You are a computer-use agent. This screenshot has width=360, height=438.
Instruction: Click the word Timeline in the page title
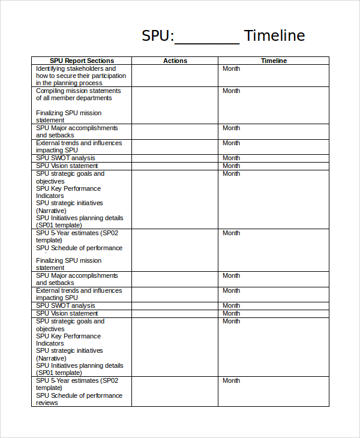tap(274, 35)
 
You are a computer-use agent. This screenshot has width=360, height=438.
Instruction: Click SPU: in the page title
tap(158, 35)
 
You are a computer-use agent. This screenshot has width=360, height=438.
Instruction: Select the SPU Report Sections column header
tap(82, 61)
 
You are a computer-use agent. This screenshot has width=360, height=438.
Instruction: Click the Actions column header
tap(175, 61)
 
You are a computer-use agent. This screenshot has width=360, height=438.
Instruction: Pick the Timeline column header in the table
tap(274, 61)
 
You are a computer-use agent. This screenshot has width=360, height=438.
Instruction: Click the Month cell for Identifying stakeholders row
tap(231, 69)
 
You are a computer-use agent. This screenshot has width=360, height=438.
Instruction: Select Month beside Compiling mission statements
tap(231, 91)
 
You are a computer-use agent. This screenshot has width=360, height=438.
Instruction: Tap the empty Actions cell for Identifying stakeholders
tap(175, 76)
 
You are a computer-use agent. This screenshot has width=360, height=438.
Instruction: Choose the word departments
tap(92, 98)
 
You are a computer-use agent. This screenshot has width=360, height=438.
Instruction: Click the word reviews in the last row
tap(47, 403)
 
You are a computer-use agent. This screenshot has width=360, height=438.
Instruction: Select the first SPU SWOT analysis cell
tap(65, 158)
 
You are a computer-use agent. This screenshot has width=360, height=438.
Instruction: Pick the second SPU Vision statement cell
tap(67, 313)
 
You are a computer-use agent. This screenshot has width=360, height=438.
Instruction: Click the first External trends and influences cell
tap(79, 147)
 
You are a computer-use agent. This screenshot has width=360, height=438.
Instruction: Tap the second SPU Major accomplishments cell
tap(77, 279)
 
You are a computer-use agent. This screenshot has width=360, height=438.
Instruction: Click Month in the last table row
tap(231, 381)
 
